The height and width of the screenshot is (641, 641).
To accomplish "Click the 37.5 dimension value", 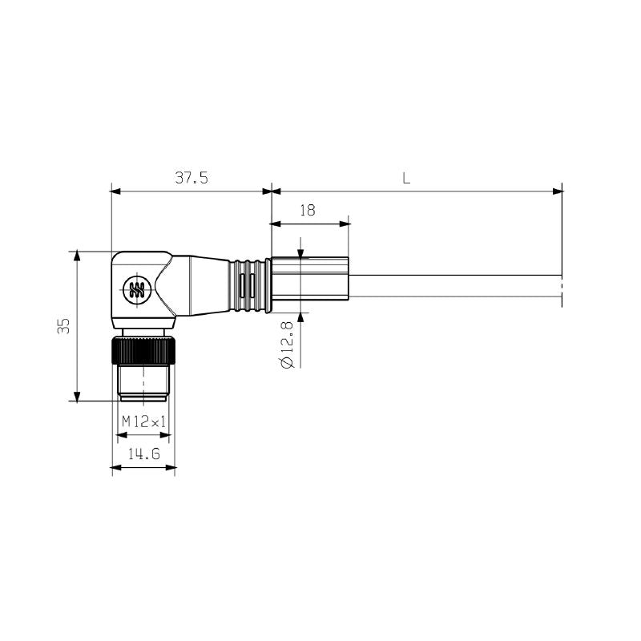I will click(191, 179).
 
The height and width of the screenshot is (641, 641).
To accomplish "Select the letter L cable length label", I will click(406, 179).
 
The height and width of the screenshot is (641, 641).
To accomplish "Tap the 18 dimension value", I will click(307, 210).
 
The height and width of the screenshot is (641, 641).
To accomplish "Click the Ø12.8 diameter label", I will click(288, 341).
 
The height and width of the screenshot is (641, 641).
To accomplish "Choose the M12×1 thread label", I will click(143, 421).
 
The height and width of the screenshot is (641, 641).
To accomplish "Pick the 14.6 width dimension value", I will click(143, 454).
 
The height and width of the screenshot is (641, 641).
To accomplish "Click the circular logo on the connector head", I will click(135, 289).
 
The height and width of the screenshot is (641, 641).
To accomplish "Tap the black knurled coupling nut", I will click(143, 351).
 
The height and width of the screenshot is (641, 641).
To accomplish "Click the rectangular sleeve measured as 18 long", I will click(310, 279).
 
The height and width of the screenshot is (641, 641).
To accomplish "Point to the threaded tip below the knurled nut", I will click(143, 382).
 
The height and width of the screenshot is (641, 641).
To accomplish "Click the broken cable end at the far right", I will click(561, 287).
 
